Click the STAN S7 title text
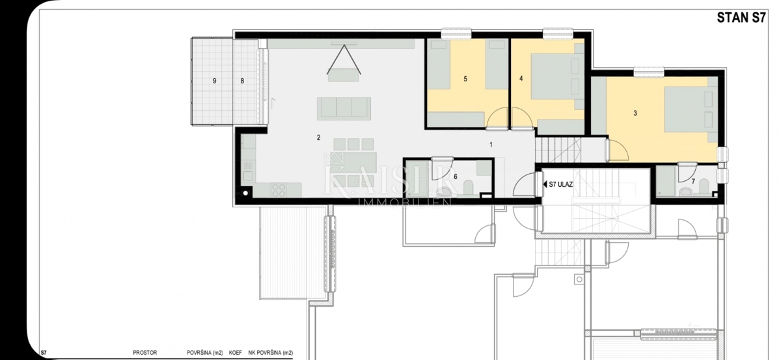[741, 18]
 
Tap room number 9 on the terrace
[214, 81]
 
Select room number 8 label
[242, 81]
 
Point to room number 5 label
[465, 79]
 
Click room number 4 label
[521, 79]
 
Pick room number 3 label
[635, 113]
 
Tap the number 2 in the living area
[318, 138]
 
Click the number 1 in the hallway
[491, 145]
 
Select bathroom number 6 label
[456, 177]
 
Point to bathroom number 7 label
[693, 182]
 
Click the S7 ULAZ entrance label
[560, 184]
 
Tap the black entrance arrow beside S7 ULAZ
[545, 184]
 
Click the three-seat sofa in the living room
[344, 109]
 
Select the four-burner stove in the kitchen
[279, 190]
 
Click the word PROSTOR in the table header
[145, 353]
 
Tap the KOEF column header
[236, 353]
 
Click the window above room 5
[456, 33]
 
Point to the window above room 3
[648, 72]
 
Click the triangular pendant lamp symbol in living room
[344, 59]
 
